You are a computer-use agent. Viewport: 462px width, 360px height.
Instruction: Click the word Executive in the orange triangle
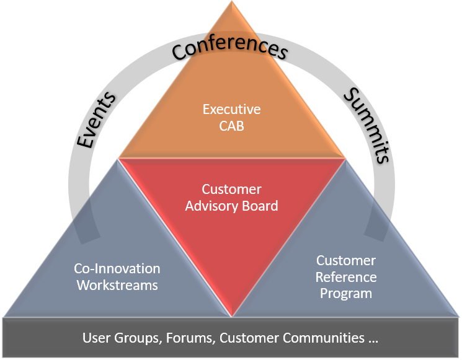tap(231, 109)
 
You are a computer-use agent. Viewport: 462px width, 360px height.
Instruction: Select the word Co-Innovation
tap(117, 269)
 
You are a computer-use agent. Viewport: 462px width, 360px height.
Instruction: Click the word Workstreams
tap(117, 285)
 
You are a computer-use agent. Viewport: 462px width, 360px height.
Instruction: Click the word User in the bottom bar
tap(96, 338)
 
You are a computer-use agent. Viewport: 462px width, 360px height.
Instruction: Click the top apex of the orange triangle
tap(232, 2)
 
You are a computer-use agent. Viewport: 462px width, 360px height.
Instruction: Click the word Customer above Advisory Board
tap(231, 189)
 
